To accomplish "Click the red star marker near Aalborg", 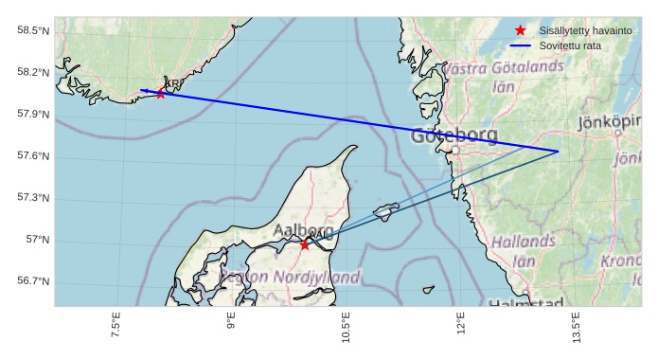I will coord(304,244).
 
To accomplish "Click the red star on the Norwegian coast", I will coord(160,93).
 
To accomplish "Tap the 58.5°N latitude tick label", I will coord(33,31).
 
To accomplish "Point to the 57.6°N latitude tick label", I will coord(33,156).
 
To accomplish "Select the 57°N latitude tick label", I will coord(39,240).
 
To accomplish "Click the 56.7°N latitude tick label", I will coord(33,281).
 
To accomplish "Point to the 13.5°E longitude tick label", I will coord(577,328).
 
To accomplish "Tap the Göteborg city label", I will coord(454,136).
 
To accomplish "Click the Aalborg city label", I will coord(303,230).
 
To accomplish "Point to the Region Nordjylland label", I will coord(290,278).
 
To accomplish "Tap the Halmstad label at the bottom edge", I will coord(526,302).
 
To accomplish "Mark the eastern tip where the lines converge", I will coord(558,152).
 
